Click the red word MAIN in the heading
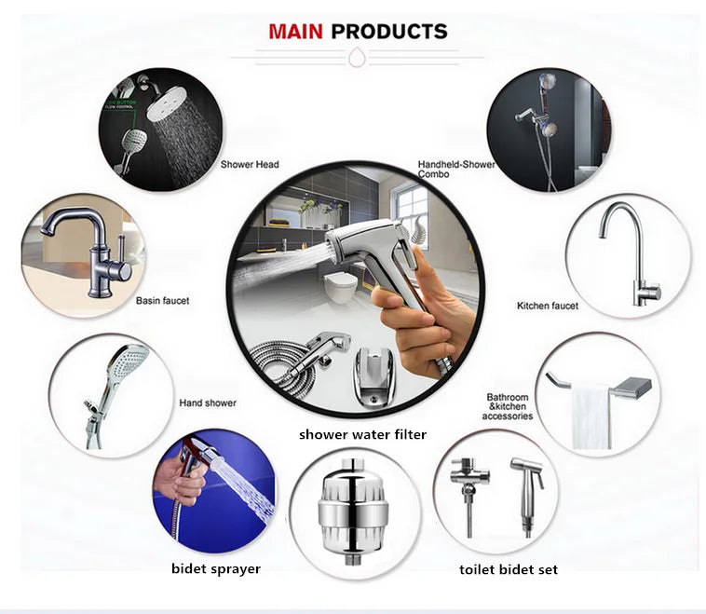coord(296,32)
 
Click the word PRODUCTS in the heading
coord(389,32)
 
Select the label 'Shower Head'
coord(250,165)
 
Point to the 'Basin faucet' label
coord(163,301)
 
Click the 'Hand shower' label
coord(208,403)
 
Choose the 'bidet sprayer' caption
coord(216,567)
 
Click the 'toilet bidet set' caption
coord(509,568)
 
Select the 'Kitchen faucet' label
coord(548,306)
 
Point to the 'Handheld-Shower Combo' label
coord(455,170)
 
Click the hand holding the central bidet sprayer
coord(409,322)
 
